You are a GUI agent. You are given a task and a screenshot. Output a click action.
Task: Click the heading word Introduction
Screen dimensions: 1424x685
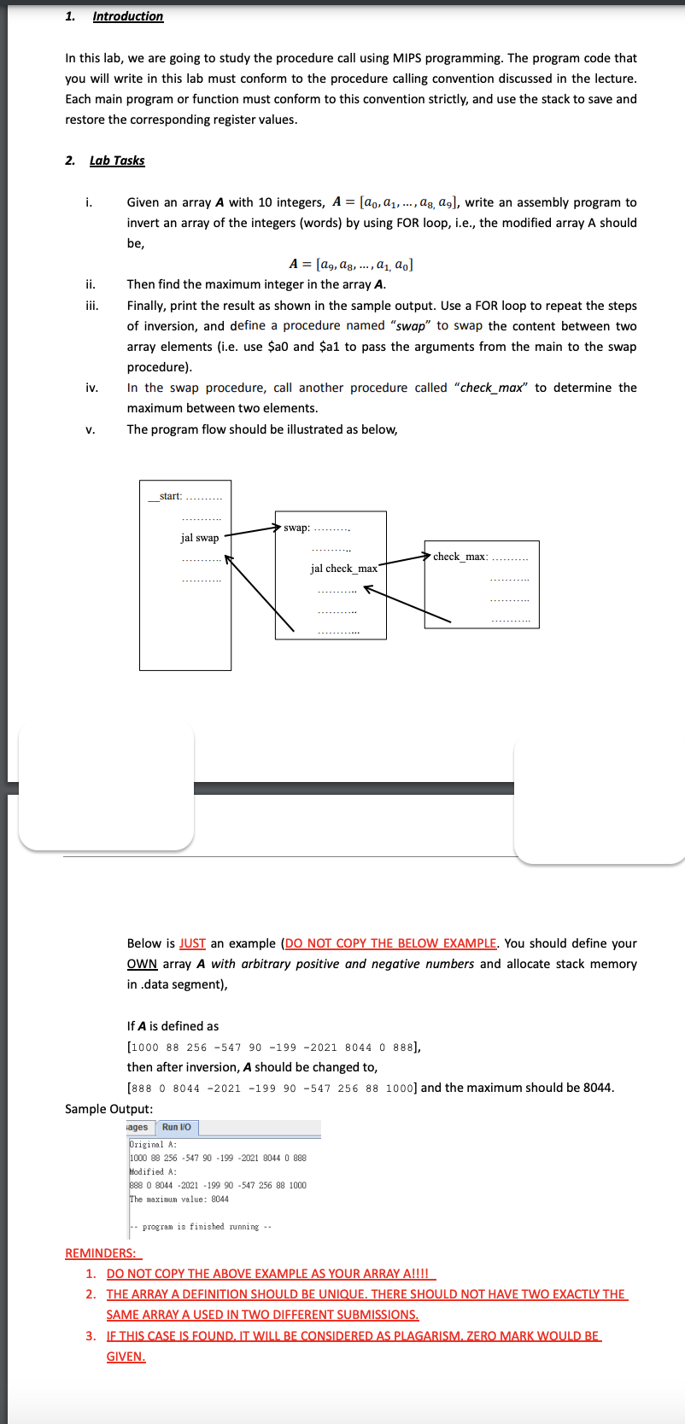click(x=127, y=16)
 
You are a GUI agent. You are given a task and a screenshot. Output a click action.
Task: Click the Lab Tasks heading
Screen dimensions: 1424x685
click(x=117, y=160)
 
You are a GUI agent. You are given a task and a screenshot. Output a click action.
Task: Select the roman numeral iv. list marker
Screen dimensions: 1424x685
click(x=91, y=388)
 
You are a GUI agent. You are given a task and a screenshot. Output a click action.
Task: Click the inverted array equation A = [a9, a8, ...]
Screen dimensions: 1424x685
click(x=351, y=264)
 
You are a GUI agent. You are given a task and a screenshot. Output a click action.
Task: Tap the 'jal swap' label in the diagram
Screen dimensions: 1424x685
click(x=199, y=538)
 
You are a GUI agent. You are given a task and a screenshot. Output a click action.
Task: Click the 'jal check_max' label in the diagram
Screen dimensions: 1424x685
click(x=343, y=569)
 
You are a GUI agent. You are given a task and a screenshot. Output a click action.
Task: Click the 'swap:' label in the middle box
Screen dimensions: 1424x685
click(x=296, y=528)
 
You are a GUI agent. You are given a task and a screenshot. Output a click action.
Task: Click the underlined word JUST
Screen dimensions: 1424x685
click(x=192, y=943)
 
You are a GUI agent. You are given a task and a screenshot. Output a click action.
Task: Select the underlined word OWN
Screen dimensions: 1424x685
click(x=142, y=964)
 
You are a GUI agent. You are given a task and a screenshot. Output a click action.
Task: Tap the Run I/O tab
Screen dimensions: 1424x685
click(x=176, y=1128)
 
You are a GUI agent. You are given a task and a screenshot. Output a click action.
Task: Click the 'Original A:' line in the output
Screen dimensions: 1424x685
click(x=153, y=1145)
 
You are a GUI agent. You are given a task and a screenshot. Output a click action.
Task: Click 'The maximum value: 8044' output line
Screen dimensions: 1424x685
click(x=179, y=1199)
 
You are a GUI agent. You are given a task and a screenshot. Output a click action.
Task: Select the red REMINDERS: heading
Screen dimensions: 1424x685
click(x=103, y=1253)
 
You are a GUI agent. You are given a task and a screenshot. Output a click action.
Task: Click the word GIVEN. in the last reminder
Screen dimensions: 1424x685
click(x=126, y=1357)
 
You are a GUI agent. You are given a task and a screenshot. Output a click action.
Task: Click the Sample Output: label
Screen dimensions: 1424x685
click(x=108, y=1109)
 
